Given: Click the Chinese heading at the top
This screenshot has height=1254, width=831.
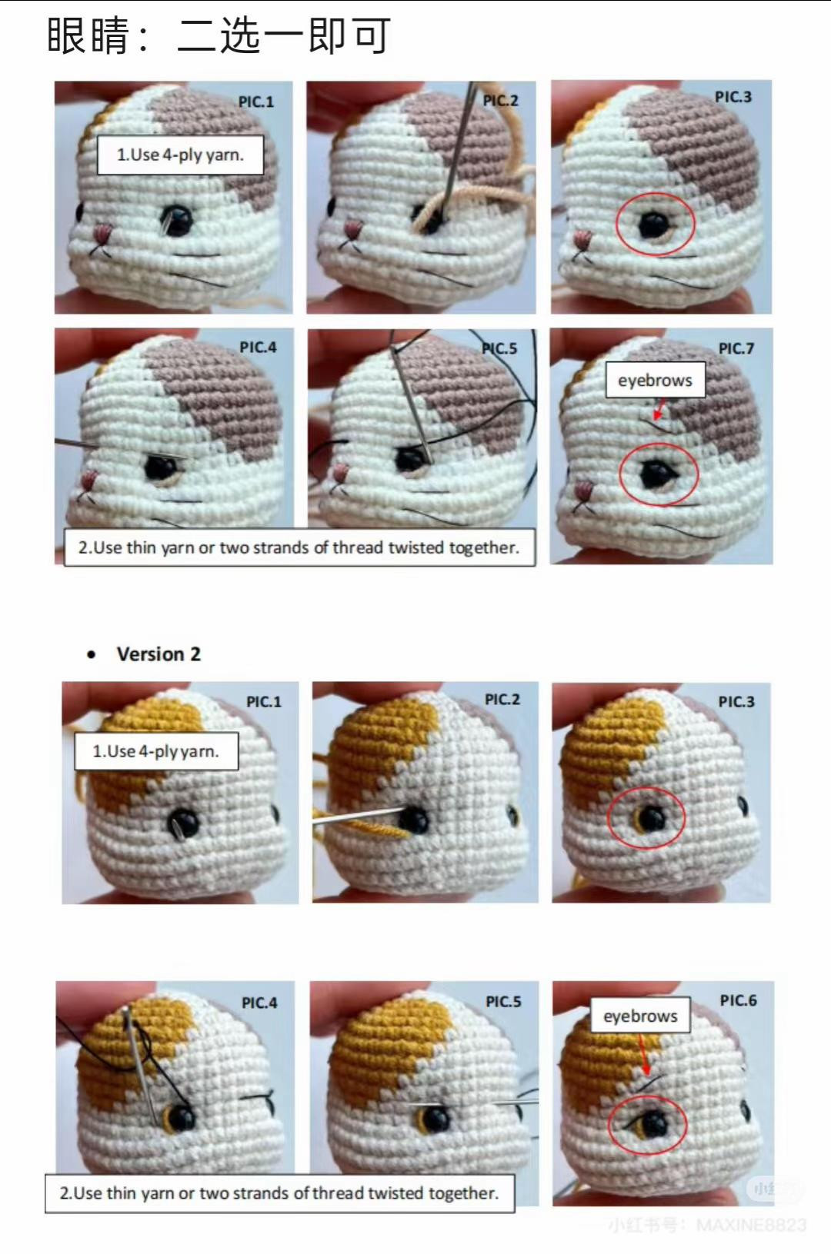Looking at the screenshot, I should pos(219,35).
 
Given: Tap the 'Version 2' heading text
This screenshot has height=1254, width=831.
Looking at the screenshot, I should pos(159,654).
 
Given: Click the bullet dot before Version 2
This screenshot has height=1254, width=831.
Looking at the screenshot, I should pos(92,655).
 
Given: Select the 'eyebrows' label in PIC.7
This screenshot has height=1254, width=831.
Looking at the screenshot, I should pos(655,381).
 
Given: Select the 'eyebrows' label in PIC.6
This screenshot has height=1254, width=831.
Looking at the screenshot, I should pos(640,1016).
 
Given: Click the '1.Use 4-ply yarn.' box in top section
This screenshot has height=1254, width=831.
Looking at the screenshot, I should pos(180,155).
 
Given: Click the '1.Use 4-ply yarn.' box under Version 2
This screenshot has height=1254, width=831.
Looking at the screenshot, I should pos(156,751).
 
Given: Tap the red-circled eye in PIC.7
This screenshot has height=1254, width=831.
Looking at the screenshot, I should pos(658,474).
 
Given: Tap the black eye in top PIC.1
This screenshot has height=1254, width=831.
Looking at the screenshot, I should pos(179,221).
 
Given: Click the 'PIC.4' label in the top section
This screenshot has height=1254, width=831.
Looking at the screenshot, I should pos(258,348).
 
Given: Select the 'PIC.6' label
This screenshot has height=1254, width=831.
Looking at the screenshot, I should pos(738,1000).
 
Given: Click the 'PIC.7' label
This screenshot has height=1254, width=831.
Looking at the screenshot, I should pos(736,348).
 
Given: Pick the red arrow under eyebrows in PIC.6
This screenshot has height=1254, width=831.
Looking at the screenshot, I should pos(644,1057).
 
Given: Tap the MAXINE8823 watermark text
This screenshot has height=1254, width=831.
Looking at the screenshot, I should pos(750,1225).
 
